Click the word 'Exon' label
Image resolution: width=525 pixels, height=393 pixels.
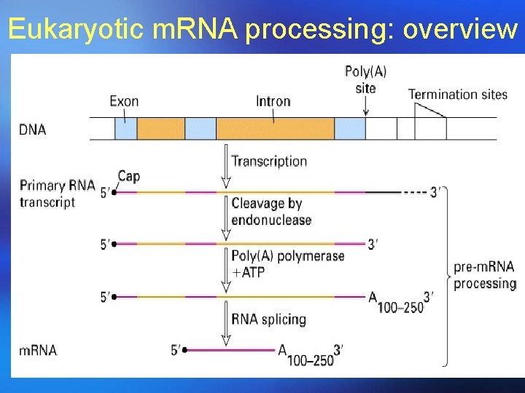(x=124, y=101)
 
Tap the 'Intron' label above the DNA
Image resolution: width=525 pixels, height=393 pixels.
(x=273, y=101)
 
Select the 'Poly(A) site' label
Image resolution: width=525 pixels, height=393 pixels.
(x=365, y=79)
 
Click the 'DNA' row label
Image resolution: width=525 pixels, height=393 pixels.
(x=33, y=130)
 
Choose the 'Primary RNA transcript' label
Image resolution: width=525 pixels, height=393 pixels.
(x=57, y=193)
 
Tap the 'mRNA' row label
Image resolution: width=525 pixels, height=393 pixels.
(x=38, y=350)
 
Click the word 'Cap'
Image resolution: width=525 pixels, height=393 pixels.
(x=128, y=176)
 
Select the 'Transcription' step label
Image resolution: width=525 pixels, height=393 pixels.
(x=269, y=162)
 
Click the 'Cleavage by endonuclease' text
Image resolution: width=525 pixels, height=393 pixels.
(x=271, y=211)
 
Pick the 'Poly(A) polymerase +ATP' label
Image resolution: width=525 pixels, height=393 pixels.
(x=287, y=263)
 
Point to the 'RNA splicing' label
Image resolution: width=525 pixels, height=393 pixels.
(x=268, y=319)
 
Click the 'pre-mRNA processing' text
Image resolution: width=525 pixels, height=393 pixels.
(x=484, y=275)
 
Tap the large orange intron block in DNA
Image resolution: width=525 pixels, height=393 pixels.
(x=274, y=129)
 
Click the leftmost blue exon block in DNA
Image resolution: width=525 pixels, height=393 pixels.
(x=125, y=129)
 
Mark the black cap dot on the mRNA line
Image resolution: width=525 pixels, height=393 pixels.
(x=185, y=350)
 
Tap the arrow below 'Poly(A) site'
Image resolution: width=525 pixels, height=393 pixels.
(x=365, y=106)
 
